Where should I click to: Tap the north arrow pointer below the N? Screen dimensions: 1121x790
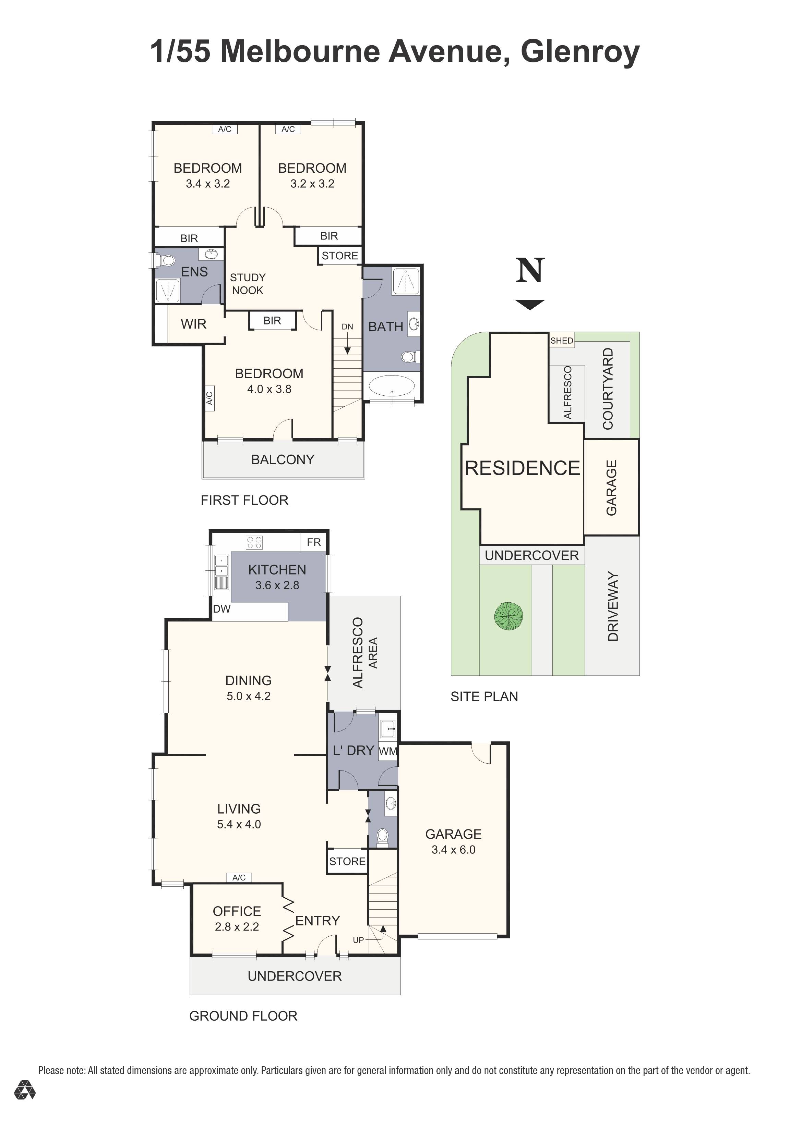point(530,305)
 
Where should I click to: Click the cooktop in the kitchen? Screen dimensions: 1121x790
point(254,542)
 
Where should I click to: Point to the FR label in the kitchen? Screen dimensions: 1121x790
point(314,542)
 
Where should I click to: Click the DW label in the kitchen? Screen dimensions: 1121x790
point(222,609)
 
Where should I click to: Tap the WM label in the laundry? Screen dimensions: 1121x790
point(388,751)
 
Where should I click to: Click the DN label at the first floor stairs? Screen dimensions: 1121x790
point(347,327)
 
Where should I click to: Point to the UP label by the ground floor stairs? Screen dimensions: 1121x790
point(358,940)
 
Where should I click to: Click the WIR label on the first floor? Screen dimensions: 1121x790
point(193,324)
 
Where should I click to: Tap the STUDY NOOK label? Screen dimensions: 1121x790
point(248,284)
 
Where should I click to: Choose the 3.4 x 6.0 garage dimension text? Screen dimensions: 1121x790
point(453,850)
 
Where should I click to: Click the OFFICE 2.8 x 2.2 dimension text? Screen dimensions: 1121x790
point(237,927)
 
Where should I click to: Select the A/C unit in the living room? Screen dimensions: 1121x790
point(239,877)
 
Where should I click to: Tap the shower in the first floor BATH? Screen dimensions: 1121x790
point(406,281)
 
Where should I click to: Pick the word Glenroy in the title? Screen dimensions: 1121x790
point(579,51)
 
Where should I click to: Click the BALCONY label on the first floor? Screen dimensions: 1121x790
point(283,459)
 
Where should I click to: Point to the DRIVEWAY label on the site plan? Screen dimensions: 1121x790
point(613,606)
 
